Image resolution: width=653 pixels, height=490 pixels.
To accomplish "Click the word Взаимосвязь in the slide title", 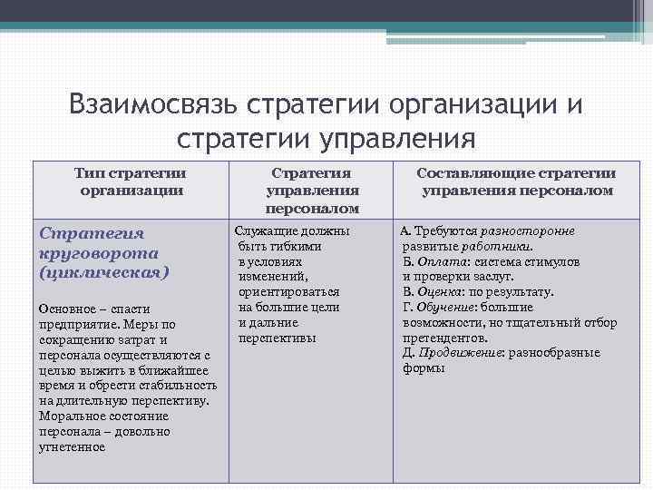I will pos(150,105).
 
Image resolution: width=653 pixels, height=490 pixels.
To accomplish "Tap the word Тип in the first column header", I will pos(92,173).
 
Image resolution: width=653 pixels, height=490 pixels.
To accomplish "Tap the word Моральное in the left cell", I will pos(71,416).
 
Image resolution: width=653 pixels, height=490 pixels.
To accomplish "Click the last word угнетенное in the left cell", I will pos(72,446).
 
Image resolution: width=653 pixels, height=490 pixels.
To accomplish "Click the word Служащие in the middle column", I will pos(264,231).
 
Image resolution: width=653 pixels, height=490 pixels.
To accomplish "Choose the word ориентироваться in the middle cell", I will pos(289,292).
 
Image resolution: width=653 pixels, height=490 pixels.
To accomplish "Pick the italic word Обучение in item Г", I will pos(443,308).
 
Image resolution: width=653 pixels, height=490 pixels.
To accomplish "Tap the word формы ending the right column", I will pos(424,369).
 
